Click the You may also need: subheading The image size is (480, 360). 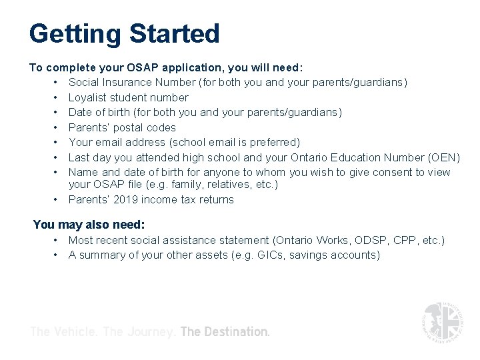point(89,225)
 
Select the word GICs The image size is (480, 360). point(271,255)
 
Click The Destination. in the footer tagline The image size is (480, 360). point(225,331)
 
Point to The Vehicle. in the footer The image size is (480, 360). point(65,331)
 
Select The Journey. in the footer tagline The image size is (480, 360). point(141,331)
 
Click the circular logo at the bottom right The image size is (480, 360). point(442,323)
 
